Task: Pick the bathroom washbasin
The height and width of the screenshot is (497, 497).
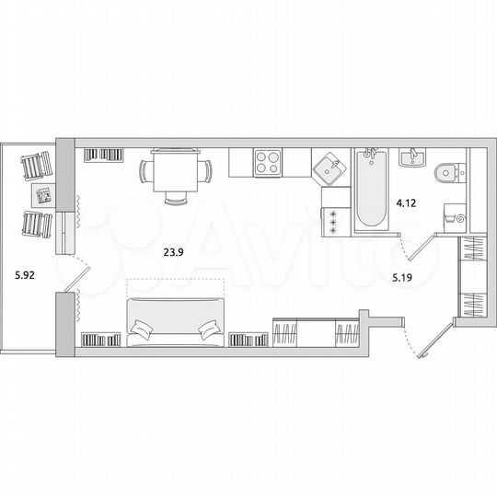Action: (x=411, y=158)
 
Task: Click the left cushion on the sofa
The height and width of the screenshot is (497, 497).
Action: (x=144, y=328)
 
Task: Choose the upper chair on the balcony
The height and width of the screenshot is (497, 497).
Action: (x=35, y=166)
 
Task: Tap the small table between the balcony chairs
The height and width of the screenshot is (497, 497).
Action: (x=42, y=194)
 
